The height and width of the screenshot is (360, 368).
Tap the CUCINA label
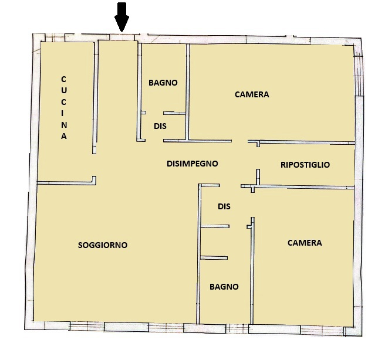64,107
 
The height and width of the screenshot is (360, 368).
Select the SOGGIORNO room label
103,245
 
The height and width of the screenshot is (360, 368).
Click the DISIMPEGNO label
193,164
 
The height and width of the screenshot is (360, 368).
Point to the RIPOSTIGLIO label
305,165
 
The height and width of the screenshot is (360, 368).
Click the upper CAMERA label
252,94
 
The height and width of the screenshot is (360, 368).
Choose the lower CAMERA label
305,243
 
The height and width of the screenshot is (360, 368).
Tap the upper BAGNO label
163,83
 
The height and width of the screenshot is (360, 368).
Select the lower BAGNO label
224,287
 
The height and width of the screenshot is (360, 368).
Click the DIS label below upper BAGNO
160,125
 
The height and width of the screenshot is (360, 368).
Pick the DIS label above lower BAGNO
224,206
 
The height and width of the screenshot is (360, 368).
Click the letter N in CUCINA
64,124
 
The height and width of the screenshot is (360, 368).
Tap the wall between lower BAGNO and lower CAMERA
251,270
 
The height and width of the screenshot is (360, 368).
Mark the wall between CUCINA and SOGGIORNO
65,182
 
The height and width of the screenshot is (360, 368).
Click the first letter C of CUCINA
64,79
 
